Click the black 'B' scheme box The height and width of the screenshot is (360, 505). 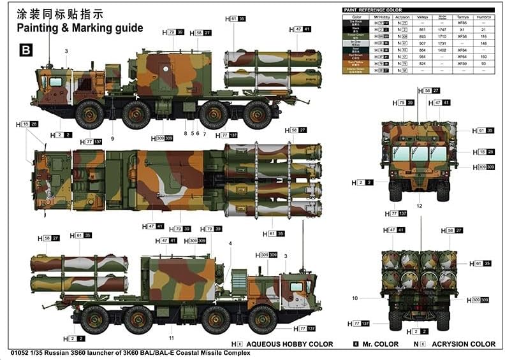[26, 49]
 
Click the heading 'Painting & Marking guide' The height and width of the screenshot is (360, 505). [80, 28]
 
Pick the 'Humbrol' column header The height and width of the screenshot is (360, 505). [483, 17]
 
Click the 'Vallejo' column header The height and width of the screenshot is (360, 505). [421, 17]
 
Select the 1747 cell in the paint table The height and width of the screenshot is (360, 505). [442, 30]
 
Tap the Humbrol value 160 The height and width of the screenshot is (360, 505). [483, 57]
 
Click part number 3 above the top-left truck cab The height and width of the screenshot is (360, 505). [66, 50]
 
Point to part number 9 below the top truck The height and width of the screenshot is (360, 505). [112, 138]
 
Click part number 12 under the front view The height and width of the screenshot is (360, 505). [419, 206]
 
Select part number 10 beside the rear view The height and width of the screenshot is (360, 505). [355, 298]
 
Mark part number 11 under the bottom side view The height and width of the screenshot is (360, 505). [171, 337]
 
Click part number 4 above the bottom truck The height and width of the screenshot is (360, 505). [230, 243]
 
